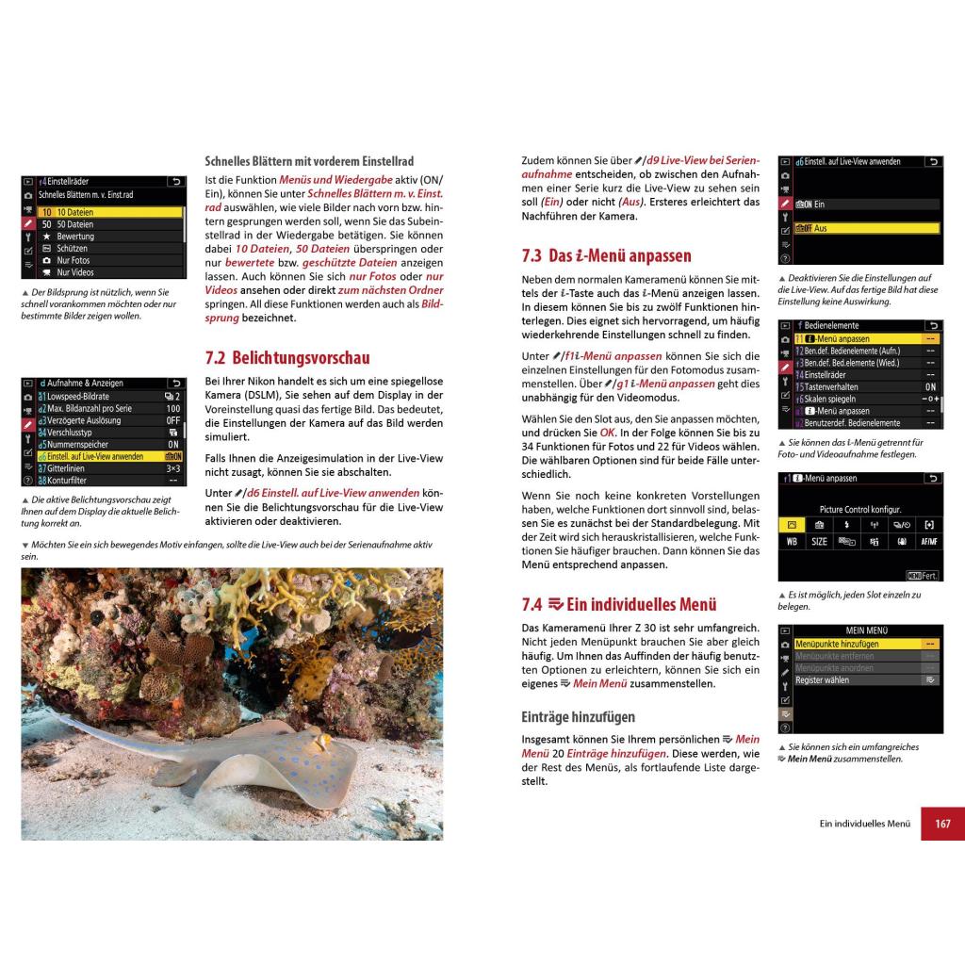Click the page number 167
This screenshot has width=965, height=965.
click(x=942, y=824)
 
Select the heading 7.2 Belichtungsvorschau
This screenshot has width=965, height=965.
click(x=287, y=358)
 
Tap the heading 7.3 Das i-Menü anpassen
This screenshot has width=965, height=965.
click(x=606, y=255)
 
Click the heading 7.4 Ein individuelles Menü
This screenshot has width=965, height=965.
click(x=619, y=605)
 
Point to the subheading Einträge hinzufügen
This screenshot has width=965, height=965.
click(x=578, y=717)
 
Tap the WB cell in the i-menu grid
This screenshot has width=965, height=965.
click(x=792, y=542)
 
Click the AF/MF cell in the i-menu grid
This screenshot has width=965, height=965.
click(x=929, y=542)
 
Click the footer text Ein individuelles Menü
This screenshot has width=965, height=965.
click(x=864, y=824)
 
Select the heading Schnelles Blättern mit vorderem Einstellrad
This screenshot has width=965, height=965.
click(x=309, y=161)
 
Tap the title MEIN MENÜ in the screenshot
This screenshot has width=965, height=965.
click(x=860, y=630)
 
